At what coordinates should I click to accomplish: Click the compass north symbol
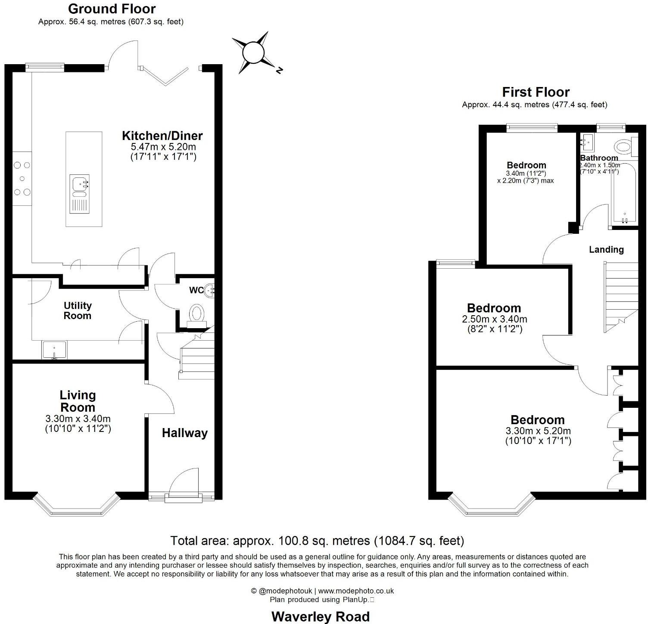click(x=253, y=53)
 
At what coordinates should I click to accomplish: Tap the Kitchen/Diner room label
click(x=162, y=136)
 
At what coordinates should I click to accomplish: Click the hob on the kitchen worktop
click(x=22, y=178)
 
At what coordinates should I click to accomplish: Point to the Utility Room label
click(x=78, y=310)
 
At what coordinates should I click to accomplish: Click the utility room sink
click(x=54, y=350)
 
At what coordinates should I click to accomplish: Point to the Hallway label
click(x=184, y=433)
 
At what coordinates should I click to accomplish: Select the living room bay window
click(x=76, y=505)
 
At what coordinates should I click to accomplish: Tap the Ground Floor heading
click(x=112, y=9)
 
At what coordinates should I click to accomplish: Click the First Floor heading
click(x=536, y=92)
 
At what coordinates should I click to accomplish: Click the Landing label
click(x=606, y=250)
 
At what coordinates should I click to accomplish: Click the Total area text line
click(x=317, y=540)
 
